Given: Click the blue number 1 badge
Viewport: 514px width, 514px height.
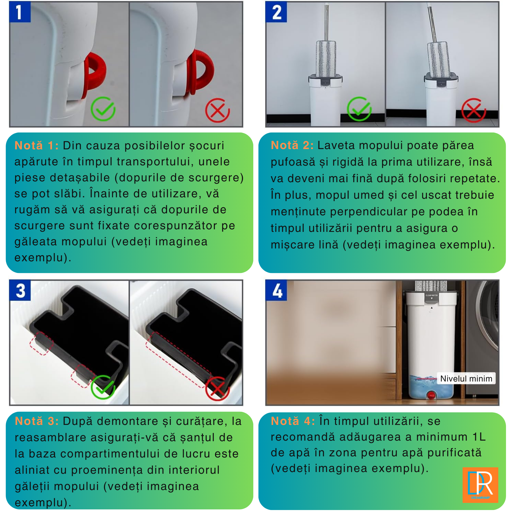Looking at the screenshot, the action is point(20,12).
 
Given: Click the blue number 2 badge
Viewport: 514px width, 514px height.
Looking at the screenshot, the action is point(276,12).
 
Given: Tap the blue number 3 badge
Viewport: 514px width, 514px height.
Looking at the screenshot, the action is point(20,290).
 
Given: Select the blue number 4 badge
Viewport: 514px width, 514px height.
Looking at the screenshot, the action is point(276,290).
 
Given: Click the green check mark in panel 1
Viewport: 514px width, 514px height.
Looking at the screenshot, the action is point(103,109).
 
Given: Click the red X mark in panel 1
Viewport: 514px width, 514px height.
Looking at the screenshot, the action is point(217,110).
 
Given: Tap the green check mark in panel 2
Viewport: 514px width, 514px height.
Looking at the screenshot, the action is point(359,109).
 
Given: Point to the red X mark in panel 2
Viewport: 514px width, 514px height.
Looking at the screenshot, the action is point(473,110).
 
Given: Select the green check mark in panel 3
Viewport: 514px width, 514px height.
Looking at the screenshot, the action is point(103,387).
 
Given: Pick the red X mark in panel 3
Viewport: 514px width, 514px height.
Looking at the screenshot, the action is point(217,388).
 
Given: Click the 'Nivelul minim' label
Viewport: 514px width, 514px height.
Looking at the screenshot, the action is point(466,378).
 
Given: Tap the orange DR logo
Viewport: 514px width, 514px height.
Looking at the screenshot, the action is point(480,485).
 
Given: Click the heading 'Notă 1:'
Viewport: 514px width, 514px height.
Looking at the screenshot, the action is point(37,146).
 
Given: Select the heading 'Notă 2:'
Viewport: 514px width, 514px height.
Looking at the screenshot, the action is point(292,145).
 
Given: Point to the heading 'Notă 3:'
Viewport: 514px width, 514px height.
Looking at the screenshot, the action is point(37,421).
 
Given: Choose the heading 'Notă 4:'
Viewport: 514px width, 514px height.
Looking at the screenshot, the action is point(293,421).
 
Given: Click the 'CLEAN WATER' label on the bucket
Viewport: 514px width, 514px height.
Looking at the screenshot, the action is point(431,295).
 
